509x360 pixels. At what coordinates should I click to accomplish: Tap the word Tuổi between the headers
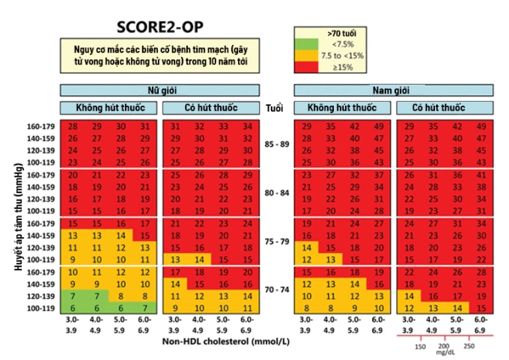274,108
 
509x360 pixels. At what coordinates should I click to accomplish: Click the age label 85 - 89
274,144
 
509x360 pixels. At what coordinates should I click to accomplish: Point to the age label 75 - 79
274,241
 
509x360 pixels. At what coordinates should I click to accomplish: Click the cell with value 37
379,174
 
